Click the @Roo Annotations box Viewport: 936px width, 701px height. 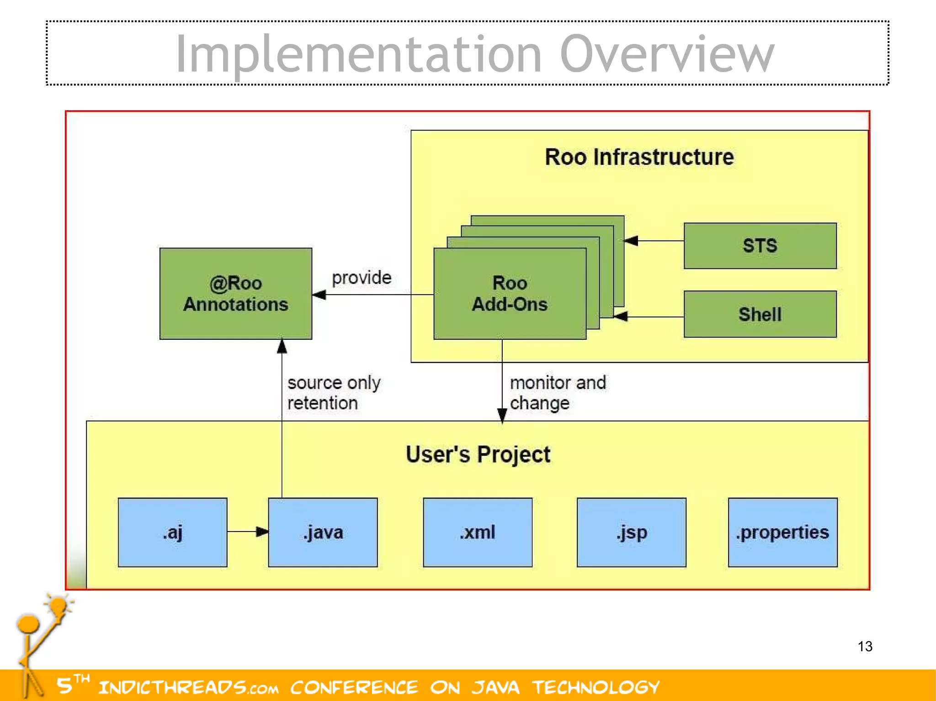[235, 294]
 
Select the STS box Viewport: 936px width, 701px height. [760, 246]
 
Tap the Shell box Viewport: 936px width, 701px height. [760, 314]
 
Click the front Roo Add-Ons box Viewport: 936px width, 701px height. [509, 294]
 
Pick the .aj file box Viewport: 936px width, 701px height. [172, 532]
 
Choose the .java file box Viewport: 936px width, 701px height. [323, 532]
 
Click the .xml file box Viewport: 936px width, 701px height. [477, 532]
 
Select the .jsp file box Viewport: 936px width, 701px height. [631, 532]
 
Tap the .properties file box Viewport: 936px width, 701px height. [782, 532]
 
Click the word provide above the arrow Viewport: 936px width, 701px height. [362, 278]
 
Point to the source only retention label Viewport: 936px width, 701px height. [334, 393]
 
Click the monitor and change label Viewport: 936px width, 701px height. [558, 393]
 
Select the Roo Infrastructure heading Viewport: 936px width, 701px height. [639, 157]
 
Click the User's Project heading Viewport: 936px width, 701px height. [478, 454]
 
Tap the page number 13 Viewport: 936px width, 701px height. [865, 646]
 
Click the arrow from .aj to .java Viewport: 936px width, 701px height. [247, 531]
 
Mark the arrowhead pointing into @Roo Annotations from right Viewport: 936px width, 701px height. [319, 295]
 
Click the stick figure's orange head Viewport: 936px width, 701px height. [28, 624]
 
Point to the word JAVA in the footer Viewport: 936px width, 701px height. [495, 687]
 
